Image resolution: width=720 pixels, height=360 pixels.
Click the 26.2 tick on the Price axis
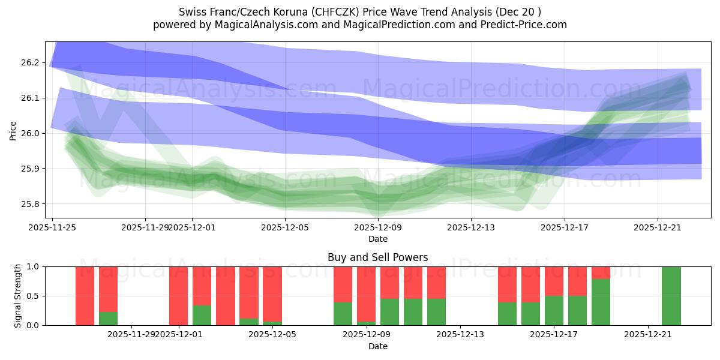tap(31, 62)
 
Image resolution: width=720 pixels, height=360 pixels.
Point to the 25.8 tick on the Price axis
tap(31, 204)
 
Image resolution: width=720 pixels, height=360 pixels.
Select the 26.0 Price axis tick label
tap(31, 133)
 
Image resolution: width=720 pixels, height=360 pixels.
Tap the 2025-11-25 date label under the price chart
tap(52, 227)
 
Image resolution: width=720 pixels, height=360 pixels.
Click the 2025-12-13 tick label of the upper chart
tap(471, 227)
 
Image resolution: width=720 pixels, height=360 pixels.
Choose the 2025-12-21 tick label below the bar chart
tap(648, 334)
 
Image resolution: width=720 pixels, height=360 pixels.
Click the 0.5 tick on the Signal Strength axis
tap(33, 296)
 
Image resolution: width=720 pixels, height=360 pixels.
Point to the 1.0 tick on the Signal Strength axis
tap(33, 266)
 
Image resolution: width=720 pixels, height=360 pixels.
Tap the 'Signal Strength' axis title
tap(18, 296)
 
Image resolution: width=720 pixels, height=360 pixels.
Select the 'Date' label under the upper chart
tap(378, 239)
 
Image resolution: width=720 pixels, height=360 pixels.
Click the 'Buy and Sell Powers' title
tap(378, 257)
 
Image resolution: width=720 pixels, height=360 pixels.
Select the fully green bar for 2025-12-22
tap(671, 296)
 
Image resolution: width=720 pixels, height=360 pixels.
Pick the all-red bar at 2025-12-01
tap(178, 296)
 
